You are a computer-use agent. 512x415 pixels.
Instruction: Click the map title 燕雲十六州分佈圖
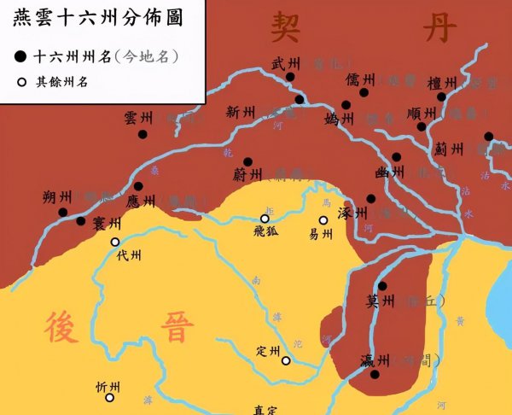pos(101,18)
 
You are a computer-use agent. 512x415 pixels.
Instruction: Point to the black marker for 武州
pos(290,77)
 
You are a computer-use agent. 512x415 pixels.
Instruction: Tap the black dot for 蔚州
pos(247,161)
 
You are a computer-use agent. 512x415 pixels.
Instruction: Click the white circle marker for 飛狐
pos(265,219)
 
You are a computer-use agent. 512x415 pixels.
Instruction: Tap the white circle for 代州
pos(115,242)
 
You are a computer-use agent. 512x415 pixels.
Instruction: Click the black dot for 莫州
pos(381,286)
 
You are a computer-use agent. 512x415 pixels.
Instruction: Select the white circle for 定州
pos(286,360)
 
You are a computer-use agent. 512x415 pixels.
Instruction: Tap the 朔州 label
pos(57,196)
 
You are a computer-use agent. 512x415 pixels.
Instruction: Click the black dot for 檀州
pos(441,97)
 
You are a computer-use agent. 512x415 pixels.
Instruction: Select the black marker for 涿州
pos(370,199)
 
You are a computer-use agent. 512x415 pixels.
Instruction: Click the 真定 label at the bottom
pos(269,408)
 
